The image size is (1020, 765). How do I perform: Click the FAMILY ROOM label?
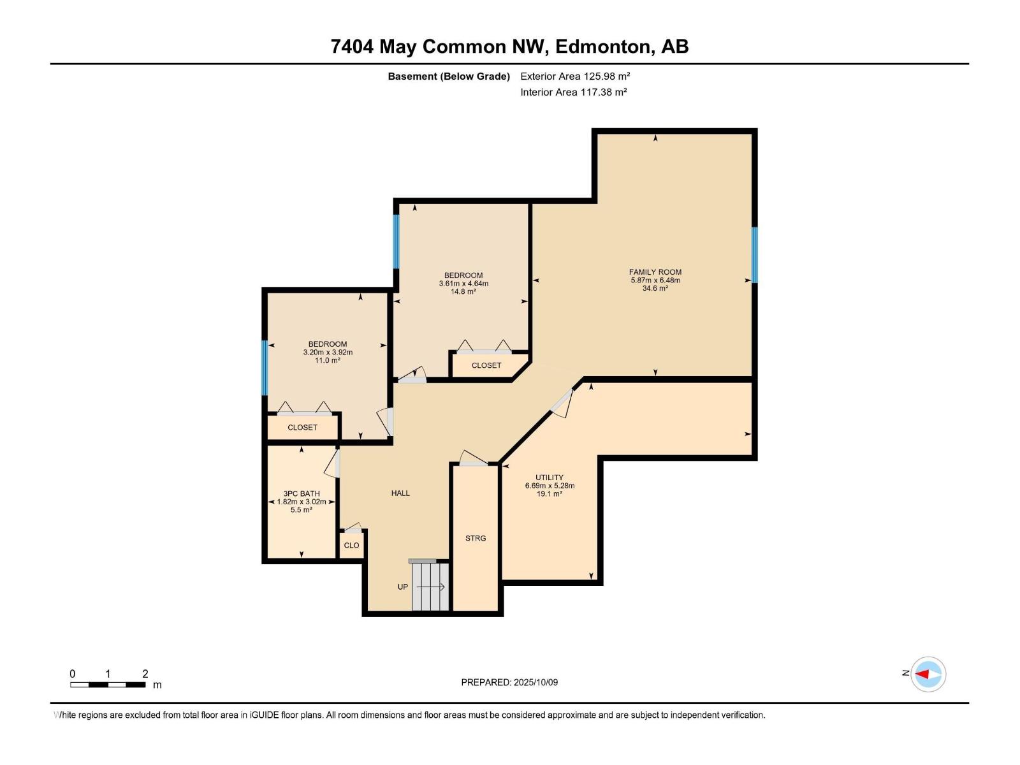click(x=655, y=272)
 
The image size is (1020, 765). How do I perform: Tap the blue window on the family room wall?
click(x=754, y=255)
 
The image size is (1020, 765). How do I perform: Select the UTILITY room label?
click(x=549, y=477)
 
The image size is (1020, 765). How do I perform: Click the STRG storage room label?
click(x=476, y=539)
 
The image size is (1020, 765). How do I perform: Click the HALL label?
click(x=400, y=493)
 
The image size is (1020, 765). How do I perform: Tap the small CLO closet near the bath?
click(x=351, y=546)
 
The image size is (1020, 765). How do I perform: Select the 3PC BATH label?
click(x=302, y=493)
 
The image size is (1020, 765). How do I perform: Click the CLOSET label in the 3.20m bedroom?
click(x=302, y=428)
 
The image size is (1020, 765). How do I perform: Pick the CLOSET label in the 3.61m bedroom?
click(x=486, y=365)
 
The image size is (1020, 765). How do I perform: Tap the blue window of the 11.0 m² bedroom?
click(x=265, y=368)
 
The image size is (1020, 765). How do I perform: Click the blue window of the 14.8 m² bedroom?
click(x=396, y=242)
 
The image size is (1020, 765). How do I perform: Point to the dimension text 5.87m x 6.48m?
click(x=655, y=280)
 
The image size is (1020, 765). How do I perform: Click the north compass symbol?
click(x=928, y=674)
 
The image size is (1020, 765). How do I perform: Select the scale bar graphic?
click(x=108, y=685)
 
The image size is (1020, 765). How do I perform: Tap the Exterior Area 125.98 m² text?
click(x=575, y=76)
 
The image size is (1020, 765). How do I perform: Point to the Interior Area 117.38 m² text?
click(x=573, y=92)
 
